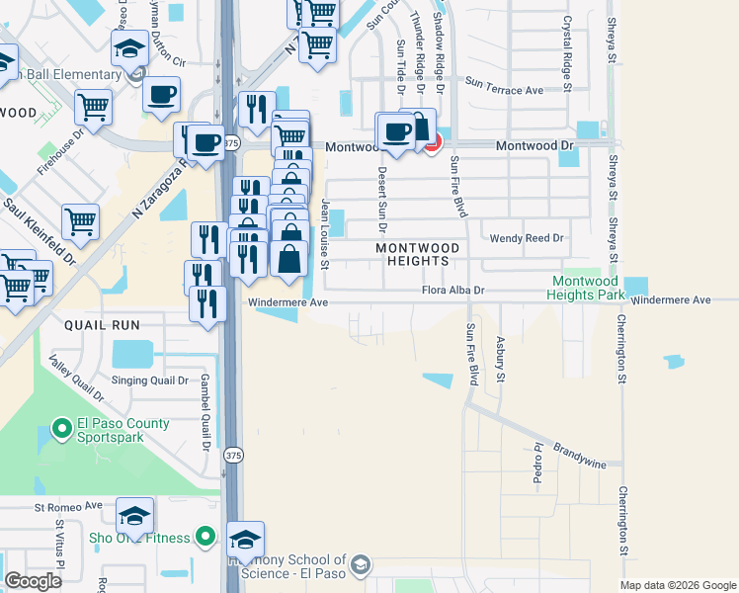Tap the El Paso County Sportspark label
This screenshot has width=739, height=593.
click(x=123, y=430)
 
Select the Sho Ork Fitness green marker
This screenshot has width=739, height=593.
click(x=205, y=537)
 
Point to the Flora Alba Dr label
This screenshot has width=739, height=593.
click(x=453, y=291)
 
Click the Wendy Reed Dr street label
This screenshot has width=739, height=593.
click(x=527, y=238)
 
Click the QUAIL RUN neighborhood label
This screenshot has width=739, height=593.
click(x=102, y=324)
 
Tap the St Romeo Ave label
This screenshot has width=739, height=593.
click(x=68, y=506)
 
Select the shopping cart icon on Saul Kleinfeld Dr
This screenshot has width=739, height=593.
click(x=80, y=221)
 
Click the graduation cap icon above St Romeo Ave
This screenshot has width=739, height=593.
click(x=134, y=515)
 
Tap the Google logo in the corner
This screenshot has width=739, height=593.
click(x=33, y=581)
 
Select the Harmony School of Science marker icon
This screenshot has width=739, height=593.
click(x=360, y=563)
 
